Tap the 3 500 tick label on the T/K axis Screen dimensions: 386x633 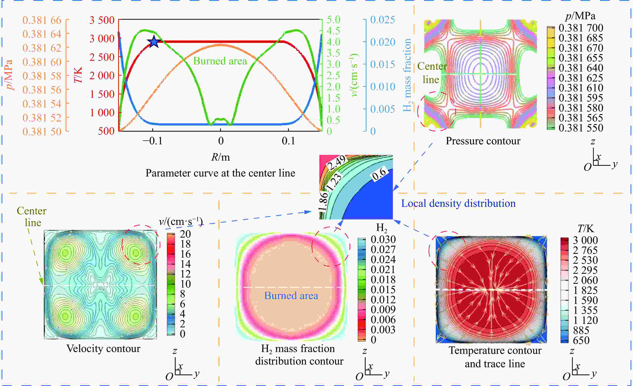[102, 20]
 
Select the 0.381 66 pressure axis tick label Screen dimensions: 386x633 [42, 20]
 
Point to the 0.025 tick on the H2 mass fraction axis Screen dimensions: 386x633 [382, 20]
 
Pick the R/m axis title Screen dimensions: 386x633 [220, 157]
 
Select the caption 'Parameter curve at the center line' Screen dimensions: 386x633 [220, 173]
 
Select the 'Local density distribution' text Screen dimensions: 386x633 [458, 203]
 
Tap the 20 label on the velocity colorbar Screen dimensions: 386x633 [185, 234]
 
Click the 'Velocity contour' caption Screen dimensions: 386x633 [103, 348]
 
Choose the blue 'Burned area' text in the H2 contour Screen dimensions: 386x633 [291, 296]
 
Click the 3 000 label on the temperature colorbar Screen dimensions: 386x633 [585, 240]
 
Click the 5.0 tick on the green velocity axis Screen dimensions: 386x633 [333, 20]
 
